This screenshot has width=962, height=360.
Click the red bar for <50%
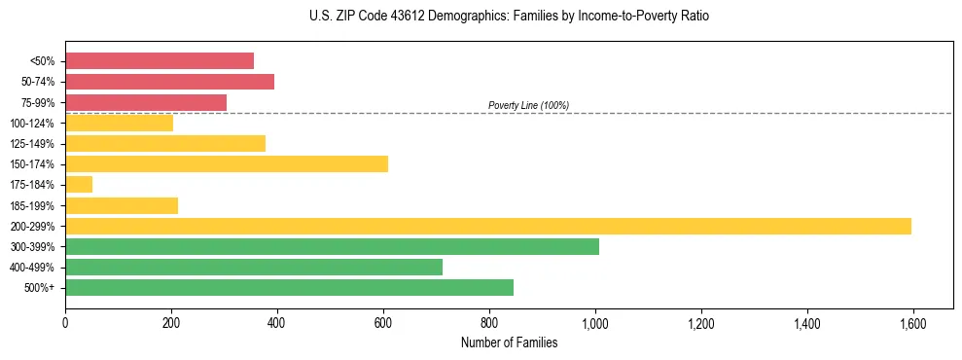tap(160, 61)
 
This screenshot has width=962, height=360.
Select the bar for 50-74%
tap(169, 82)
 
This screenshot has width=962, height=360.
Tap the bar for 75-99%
tap(146, 102)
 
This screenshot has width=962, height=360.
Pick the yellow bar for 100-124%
tap(119, 123)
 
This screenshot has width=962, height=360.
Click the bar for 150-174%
tap(227, 163)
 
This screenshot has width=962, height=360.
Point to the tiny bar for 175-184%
tap(79, 184)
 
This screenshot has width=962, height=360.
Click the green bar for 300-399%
tap(332, 246)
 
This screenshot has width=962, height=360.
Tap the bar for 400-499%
tap(254, 267)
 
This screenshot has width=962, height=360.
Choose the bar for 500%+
tap(289, 287)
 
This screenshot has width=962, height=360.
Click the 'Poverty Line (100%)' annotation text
tap(528, 105)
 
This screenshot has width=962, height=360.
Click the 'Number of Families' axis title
tap(509, 342)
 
